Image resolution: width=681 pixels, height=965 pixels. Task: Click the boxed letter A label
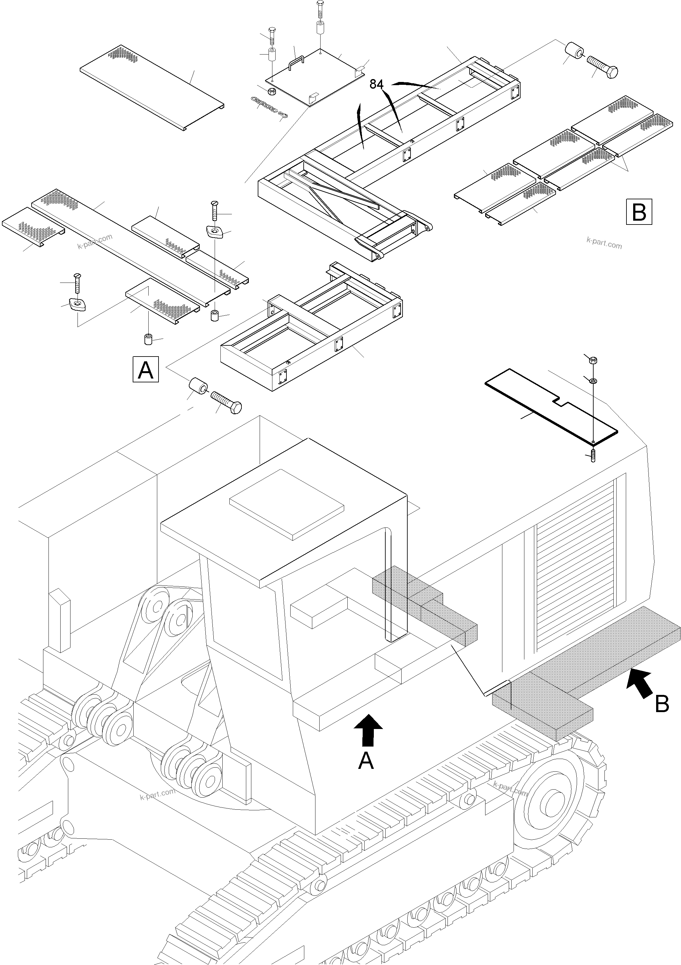pos(145,369)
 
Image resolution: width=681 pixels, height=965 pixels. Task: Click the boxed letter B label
pos(639,211)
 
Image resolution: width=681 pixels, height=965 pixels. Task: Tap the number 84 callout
pos(376,85)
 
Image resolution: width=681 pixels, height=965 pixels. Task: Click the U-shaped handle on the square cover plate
pos(296,63)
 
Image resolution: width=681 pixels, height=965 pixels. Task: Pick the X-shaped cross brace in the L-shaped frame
pos(332,195)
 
